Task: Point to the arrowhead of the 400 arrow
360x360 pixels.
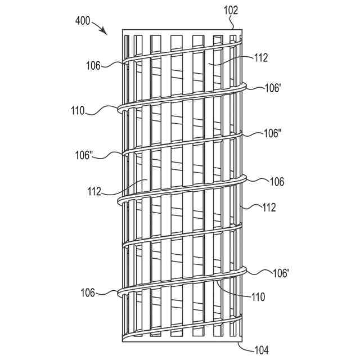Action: tap(106, 34)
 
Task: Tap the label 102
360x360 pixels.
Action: tap(231, 10)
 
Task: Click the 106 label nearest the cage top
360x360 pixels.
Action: tap(94, 66)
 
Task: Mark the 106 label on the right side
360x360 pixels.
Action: tap(276, 182)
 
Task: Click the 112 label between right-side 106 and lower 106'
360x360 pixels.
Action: tap(268, 208)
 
